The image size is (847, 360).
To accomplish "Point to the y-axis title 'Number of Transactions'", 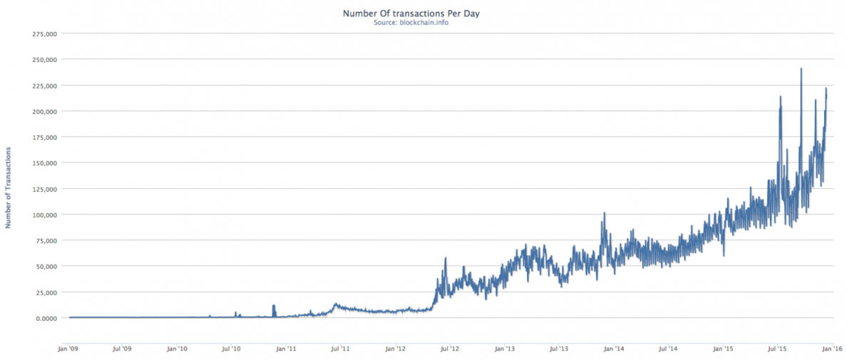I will [9, 187].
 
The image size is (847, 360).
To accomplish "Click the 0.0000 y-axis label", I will [46, 318].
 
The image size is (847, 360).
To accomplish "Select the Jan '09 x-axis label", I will [68, 349].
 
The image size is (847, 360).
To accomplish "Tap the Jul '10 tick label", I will [232, 349].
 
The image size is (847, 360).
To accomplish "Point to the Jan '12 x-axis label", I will [396, 349].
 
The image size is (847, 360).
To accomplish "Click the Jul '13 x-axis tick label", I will [559, 349].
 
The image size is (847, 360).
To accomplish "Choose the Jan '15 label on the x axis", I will [723, 349].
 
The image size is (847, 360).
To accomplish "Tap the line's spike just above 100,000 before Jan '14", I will [604, 213].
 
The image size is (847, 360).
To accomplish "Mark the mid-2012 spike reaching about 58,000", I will [445, 259].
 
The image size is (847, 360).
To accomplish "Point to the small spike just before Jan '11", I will [274, 306].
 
